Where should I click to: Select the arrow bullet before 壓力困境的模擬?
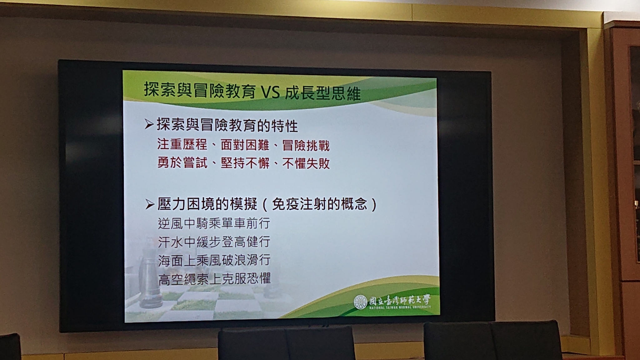click(150, 205)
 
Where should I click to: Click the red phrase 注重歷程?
click(182, 144)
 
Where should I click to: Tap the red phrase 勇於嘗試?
click(182, 162)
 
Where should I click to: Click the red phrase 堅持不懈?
click(245, 163)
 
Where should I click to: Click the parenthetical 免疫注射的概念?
click(319, 205)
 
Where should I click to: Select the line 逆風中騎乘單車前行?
click(214, 223)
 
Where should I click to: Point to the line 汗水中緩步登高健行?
click(214, 242)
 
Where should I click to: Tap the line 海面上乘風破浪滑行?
click(214, 260)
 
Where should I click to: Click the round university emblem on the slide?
click(360, 301)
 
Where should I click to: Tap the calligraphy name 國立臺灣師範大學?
click(400, 300)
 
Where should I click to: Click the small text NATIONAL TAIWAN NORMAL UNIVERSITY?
click(400, 307)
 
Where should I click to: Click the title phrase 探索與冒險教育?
click(200, 90)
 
